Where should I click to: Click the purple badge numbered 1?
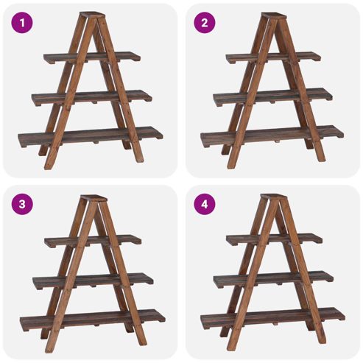22,23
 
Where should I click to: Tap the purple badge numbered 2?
205,23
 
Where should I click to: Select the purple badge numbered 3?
22,204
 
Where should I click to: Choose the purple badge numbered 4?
205,204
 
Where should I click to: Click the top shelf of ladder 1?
92,57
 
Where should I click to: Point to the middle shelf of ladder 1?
92,97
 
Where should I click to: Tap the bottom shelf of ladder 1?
91,136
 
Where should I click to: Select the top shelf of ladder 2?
273,57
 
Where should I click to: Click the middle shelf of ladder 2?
272,96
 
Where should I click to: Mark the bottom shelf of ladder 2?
272,135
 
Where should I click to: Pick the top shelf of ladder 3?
93,241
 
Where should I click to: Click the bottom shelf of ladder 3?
93,320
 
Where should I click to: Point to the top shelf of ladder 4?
274,239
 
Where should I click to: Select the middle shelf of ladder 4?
273,279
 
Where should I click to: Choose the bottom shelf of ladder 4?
272,318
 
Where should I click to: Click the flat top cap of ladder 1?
92,15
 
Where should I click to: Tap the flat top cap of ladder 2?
274,15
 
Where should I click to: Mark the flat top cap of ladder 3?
94,198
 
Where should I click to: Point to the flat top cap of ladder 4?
274,196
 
